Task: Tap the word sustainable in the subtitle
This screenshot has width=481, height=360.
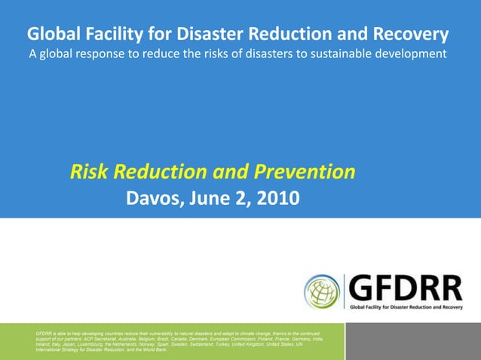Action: (336, 54)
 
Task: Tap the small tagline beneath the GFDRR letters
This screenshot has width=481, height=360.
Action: (406, 307)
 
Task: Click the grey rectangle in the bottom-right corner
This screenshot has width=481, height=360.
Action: (413, 341)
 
